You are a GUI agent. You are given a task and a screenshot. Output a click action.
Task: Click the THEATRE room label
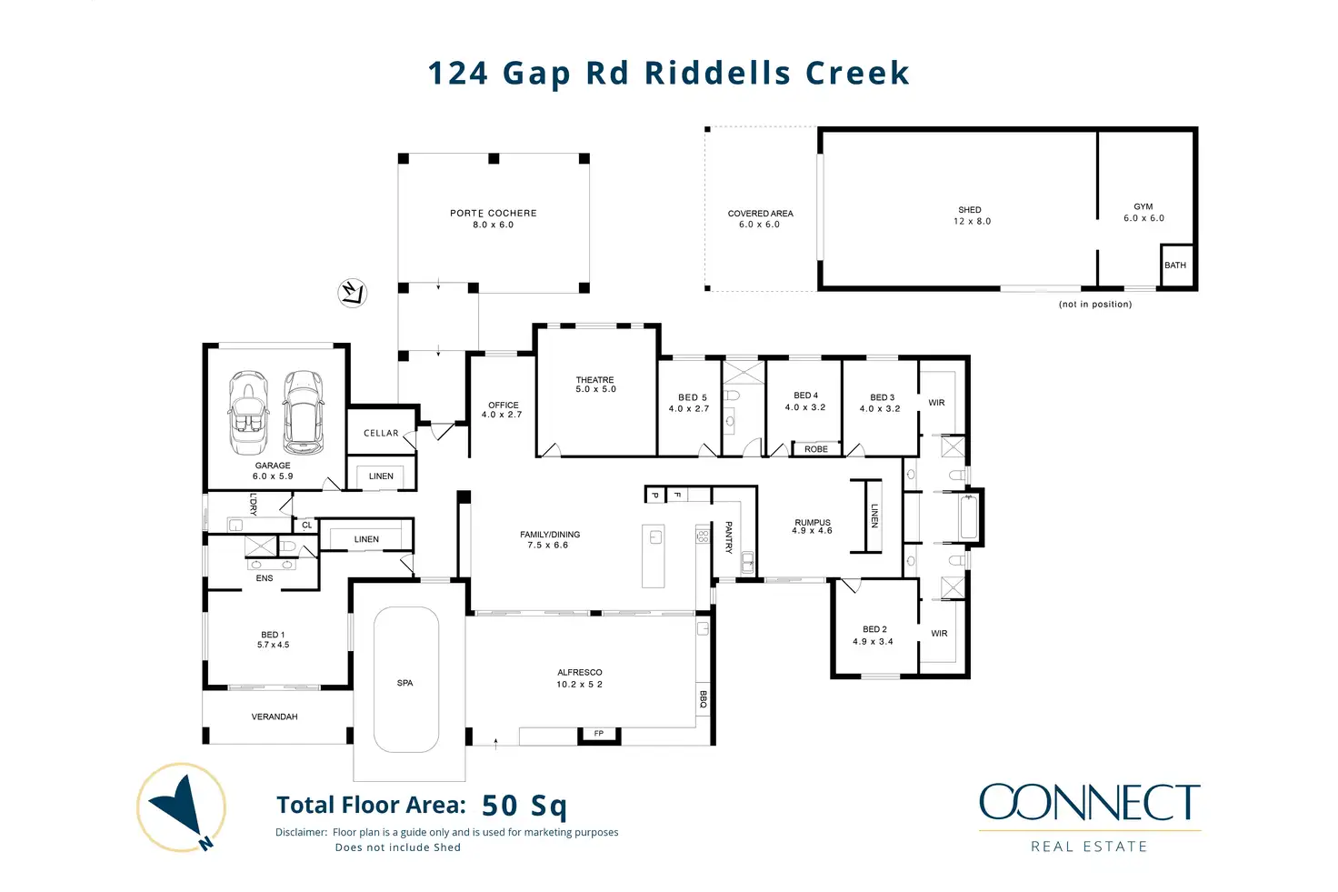click(x=594, y=379)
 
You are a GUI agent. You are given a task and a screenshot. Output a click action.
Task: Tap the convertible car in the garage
click(x=248, y=412)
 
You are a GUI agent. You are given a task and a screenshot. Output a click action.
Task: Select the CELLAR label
click(x=381, y=433)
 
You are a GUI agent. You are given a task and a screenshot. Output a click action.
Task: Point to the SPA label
click(x=405, y=683)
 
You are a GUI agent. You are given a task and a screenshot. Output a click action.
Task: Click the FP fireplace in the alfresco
click(x=599, y=735)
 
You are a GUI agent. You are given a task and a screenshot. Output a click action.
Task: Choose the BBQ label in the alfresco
click(x=703, y=699)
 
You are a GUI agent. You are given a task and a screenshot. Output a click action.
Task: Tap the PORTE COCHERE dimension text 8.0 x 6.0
click(x=493, y=225)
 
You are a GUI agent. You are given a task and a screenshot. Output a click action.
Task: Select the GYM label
click(x=1143, y=206)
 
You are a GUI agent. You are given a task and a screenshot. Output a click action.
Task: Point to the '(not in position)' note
click(x=1095, y=304)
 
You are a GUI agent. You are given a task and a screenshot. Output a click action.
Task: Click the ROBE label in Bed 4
click(x=816, y=449)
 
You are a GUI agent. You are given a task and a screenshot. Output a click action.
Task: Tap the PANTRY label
click(x=729, y=537)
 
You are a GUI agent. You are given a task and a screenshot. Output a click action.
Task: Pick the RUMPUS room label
click(x=813, y=522)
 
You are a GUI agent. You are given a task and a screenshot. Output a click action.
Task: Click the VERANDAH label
click(x=275, y=717)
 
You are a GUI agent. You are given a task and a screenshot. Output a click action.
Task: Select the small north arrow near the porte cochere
click(x=353, y=294)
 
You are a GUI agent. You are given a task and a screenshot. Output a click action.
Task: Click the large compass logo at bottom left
click(x=182, y=807)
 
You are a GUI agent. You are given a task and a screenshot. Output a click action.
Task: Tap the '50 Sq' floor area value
click(x=524, y=806)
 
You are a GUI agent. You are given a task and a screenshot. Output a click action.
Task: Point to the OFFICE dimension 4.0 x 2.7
click(x=502, y=415)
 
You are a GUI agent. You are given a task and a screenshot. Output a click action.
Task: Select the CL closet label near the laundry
click(x=307, y=526)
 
